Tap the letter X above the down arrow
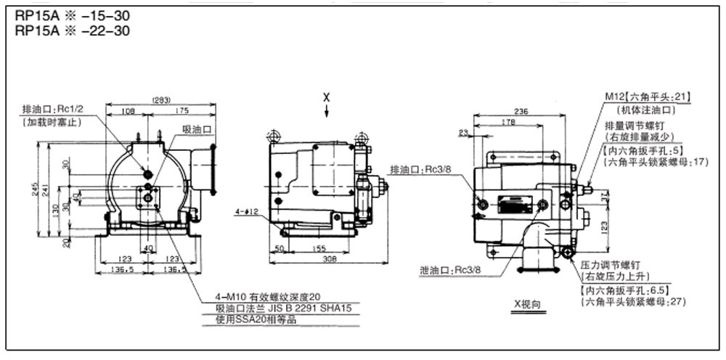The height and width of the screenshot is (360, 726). [x=327, y=97]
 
